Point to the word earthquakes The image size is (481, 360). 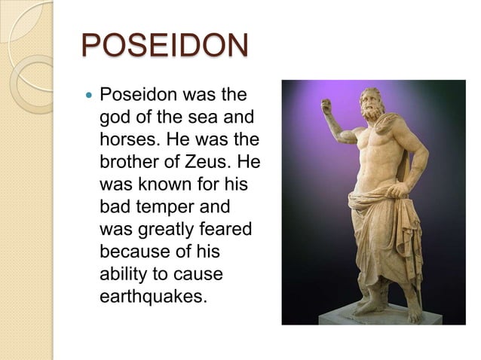coord(152,293)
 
